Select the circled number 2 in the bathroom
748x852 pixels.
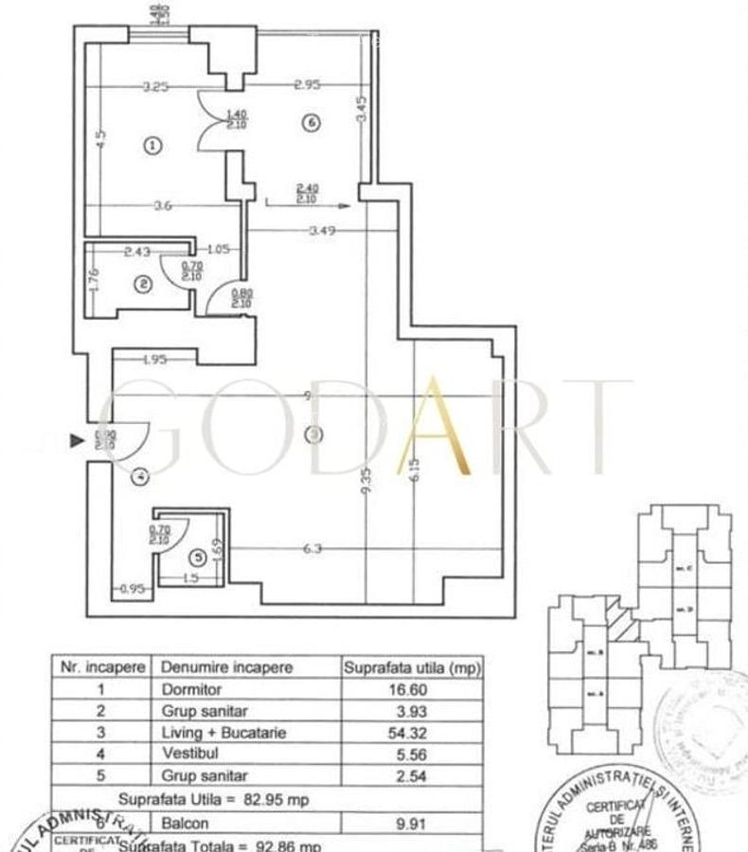[x=143, y=283]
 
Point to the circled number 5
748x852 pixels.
[x=197, y=558]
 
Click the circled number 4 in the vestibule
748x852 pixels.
[x=140, y=477]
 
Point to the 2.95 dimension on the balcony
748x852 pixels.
[x=307, y=84]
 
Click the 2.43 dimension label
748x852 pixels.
[x=138, y=251]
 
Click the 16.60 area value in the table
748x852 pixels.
[x=411, y=689]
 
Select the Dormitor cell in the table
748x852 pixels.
[x=190, y=689]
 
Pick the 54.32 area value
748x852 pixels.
[x=411, y=732]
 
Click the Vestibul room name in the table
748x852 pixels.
[x=187, y=754]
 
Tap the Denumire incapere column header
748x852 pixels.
[x=227, y=666]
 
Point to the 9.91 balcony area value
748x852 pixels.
[x=411, y=823]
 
